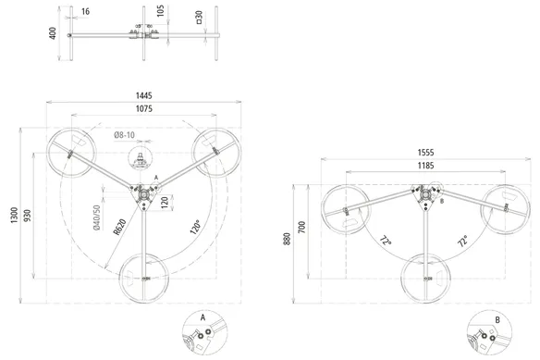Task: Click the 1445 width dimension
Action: pos(144,95)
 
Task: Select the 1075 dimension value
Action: pos(144,109)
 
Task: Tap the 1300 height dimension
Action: pos(14,216)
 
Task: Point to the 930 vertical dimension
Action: pos(28,216)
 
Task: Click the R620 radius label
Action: pos(119,227)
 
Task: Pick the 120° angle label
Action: pos(195,227)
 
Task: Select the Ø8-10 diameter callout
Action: pos(124,135)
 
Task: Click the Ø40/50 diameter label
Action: pos(97,217)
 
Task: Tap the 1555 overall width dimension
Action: pos(425,153)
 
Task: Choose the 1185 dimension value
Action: pos(425,166)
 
